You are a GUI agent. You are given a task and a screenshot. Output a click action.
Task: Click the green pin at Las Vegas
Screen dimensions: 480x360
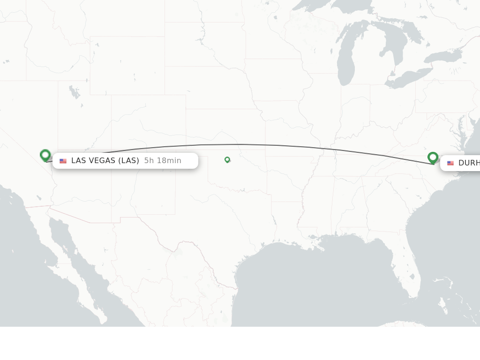point(45,155)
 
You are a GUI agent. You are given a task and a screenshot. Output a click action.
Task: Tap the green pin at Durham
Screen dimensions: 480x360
point(433,157)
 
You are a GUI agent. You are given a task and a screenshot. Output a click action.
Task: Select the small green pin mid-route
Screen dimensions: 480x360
point(227,159)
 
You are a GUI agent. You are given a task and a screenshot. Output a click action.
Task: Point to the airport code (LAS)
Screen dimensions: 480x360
point(128,161)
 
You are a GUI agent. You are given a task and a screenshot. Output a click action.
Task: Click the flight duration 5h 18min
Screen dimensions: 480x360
point(163,161)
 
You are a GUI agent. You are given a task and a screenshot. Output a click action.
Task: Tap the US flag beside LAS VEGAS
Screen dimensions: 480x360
point(63,161)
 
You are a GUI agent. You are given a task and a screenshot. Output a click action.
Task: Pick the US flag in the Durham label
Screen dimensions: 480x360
point(450,163)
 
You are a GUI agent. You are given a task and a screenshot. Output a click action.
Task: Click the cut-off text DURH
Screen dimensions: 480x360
point(469,163)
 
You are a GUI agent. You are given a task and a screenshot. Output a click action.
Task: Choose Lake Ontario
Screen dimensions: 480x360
point(443,57)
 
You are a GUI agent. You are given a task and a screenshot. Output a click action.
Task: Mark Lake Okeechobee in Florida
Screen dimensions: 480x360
point(412,277)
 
